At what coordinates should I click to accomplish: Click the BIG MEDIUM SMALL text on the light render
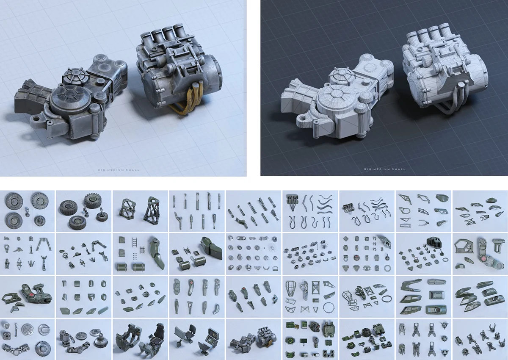pyautogui.click(x=119, y=170)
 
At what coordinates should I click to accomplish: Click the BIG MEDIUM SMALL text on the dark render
pyautogui.click(x=385, y=169)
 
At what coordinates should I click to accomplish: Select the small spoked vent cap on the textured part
pyautogui.click(x=75, y=76)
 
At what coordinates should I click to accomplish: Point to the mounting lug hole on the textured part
pyautogui.click(x=36, y=118)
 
